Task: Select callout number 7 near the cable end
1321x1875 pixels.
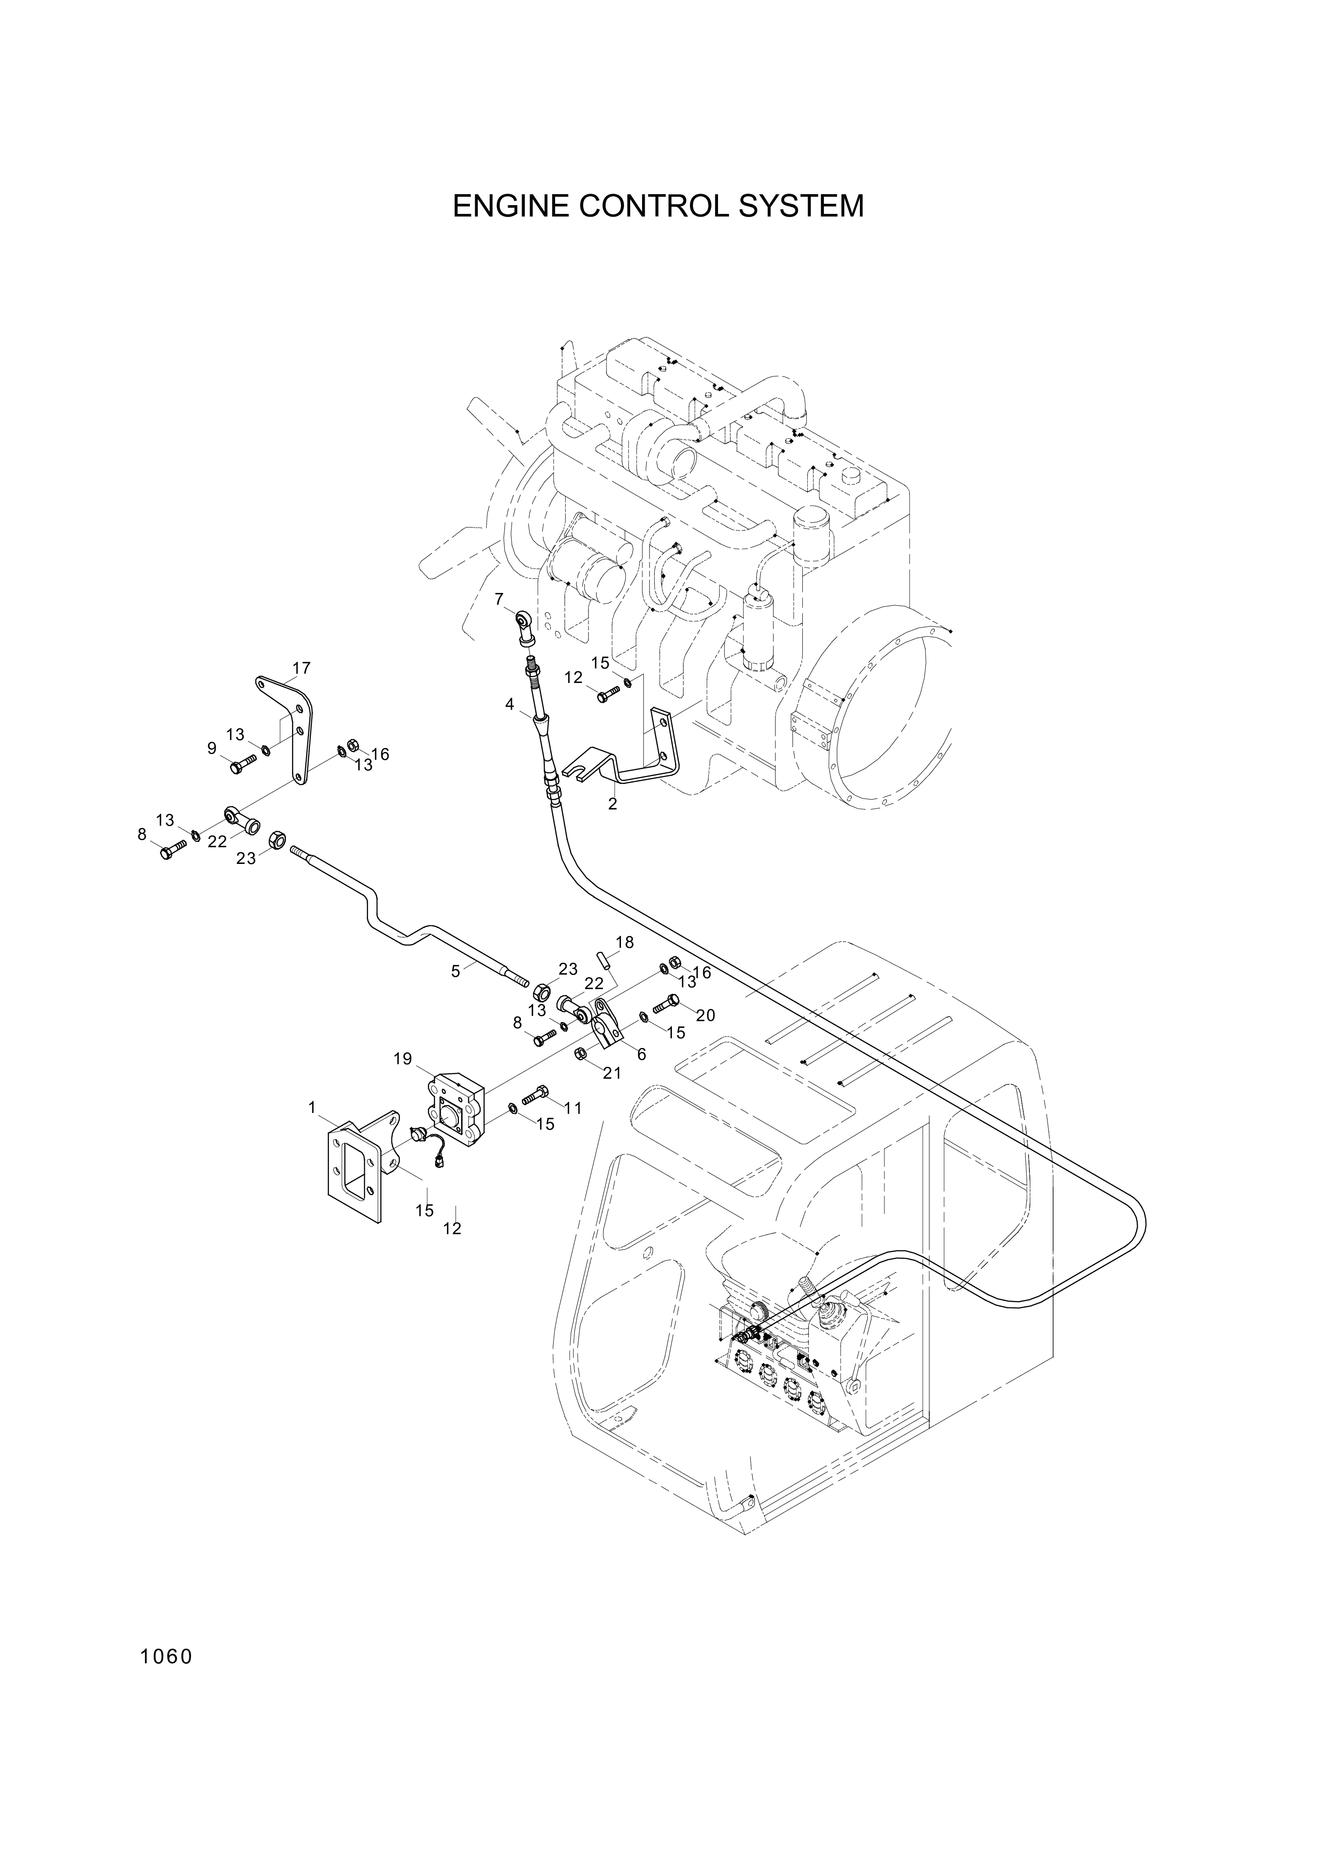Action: coord(500,600)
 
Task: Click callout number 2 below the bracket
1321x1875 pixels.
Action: coord(612,804)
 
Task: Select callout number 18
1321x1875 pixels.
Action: coord(624,943)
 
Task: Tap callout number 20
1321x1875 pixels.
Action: coord(705,1015)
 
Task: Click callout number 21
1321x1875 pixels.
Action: coord(612,1073)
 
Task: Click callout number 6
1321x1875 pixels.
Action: coord(642,1054)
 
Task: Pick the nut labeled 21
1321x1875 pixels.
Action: coord(581,1054)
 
